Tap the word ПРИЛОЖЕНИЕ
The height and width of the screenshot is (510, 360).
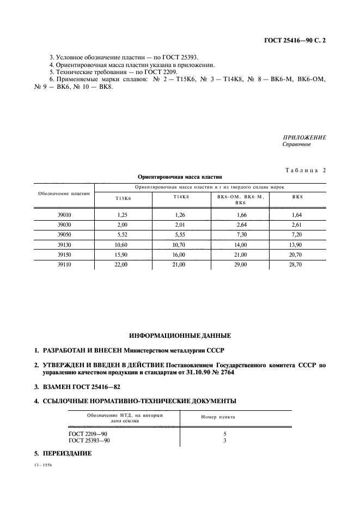(304, 138)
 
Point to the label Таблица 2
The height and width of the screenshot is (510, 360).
(305, 171)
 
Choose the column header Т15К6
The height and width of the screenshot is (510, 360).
(123, 198)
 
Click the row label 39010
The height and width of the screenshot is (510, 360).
(64, 215)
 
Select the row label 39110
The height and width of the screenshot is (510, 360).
(64, 264)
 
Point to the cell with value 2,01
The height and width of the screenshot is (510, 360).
(179, 225)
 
